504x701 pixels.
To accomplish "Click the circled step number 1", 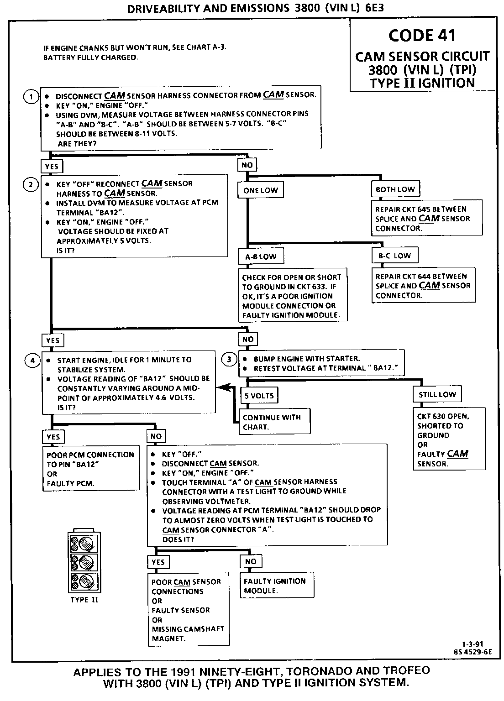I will (x=31, y=97).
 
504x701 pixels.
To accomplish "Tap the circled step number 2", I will (x=31, y=184).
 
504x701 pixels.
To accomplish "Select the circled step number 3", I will (x=229, y=359).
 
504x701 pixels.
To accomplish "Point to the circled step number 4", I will (x=32, y=360).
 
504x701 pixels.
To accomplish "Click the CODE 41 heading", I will (x=422, y=36).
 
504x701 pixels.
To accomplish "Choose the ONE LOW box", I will (x=260, y=190).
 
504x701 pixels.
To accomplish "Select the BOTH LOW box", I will (x=395, y=189).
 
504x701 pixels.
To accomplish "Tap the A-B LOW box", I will (x=261, y=256).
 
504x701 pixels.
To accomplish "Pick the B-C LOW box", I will (x=394, y=256).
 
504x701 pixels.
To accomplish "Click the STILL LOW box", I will (x=437, y=394).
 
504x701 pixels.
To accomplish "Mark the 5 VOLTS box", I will (x=259, y=396).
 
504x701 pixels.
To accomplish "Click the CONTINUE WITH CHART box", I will (x=274, y=422).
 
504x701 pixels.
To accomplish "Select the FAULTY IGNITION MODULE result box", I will (x=277, y=586).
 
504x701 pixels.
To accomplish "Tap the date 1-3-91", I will (x=473, y=644).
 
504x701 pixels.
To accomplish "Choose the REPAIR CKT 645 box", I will (x=427, y=219).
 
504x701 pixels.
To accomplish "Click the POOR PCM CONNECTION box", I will (x=91, y=469).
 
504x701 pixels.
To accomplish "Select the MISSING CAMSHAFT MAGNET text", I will (x=188, y=633).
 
